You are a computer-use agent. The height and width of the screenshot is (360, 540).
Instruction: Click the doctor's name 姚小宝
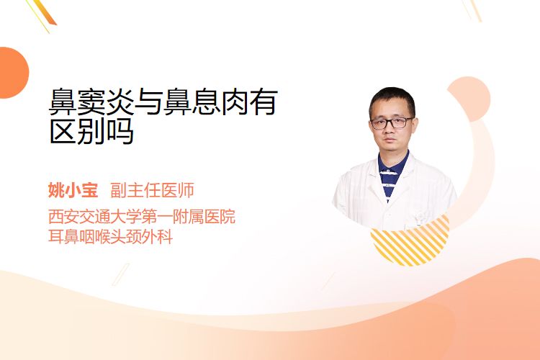coord(73,190)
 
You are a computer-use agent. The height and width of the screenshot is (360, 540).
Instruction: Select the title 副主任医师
coord(152,190)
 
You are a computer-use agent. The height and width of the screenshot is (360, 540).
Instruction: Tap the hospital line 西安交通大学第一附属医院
coord(142,216)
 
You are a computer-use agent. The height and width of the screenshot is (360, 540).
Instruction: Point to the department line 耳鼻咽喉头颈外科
coord(110,237)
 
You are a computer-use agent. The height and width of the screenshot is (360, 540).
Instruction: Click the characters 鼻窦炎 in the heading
coord(91,102)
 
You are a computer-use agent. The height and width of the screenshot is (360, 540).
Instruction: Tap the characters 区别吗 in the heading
coord(91,131)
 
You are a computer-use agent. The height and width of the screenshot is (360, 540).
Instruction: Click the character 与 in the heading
coord(149,102)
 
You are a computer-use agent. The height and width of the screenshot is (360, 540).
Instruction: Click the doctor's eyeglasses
coord(392,122)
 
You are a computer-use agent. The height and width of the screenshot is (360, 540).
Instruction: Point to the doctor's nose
coord(390,130)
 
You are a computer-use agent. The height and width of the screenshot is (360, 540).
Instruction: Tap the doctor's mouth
coord(390,140)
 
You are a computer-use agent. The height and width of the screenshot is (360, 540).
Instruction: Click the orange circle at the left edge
coord(13,73)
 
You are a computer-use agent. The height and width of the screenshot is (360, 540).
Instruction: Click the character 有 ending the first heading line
coord(264,102)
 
